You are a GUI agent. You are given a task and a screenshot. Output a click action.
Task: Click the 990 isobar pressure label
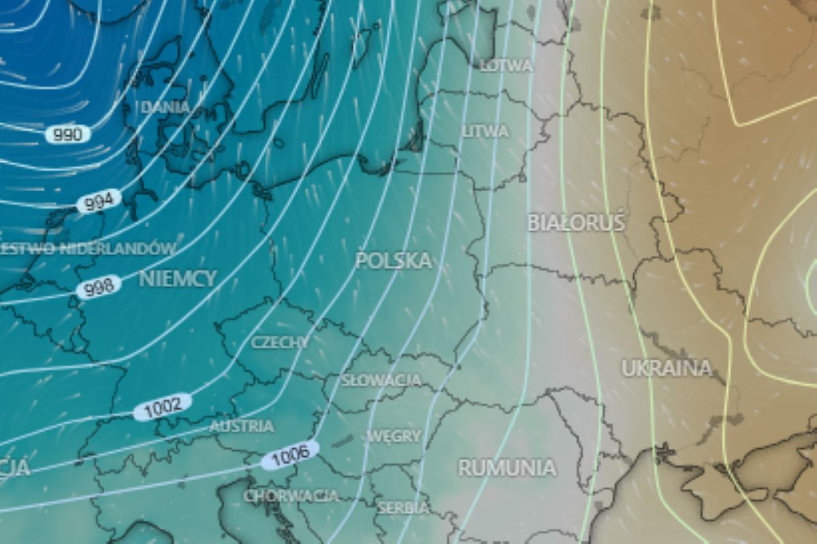pos(68,134)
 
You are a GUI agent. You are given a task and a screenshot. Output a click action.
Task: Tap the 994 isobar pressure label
pos(99,202)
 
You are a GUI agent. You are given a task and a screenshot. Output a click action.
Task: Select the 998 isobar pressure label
pos(99,288)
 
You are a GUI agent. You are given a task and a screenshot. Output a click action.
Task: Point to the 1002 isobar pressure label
pos(163,407)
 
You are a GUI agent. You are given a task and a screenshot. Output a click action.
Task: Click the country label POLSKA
pos(394,260)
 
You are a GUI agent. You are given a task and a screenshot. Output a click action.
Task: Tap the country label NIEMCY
pos(178,278)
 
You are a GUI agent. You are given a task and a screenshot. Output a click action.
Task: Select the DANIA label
pos(165,107)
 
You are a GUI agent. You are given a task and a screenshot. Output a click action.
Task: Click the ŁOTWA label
pos(506,66)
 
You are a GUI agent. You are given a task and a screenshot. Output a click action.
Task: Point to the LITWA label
pos(485,131)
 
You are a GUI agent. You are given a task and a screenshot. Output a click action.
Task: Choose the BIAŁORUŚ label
pos(576,223)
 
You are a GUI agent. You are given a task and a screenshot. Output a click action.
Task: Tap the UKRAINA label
pos(667,368)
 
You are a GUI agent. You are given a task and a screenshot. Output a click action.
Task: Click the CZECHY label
pos(280,342)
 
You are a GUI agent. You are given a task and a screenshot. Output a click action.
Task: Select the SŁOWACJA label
pos(381,380)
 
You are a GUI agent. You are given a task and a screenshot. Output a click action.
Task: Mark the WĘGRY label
pos(394,436)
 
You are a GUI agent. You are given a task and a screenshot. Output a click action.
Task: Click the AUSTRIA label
pos(242,426)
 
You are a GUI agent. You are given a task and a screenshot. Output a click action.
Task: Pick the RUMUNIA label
pos(507,468)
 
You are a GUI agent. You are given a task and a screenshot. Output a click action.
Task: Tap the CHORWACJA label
pos(291,496)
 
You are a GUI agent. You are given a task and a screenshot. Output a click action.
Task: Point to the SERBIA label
pos(403,507)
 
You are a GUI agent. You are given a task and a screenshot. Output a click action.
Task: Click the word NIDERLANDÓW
pos(118,248)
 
